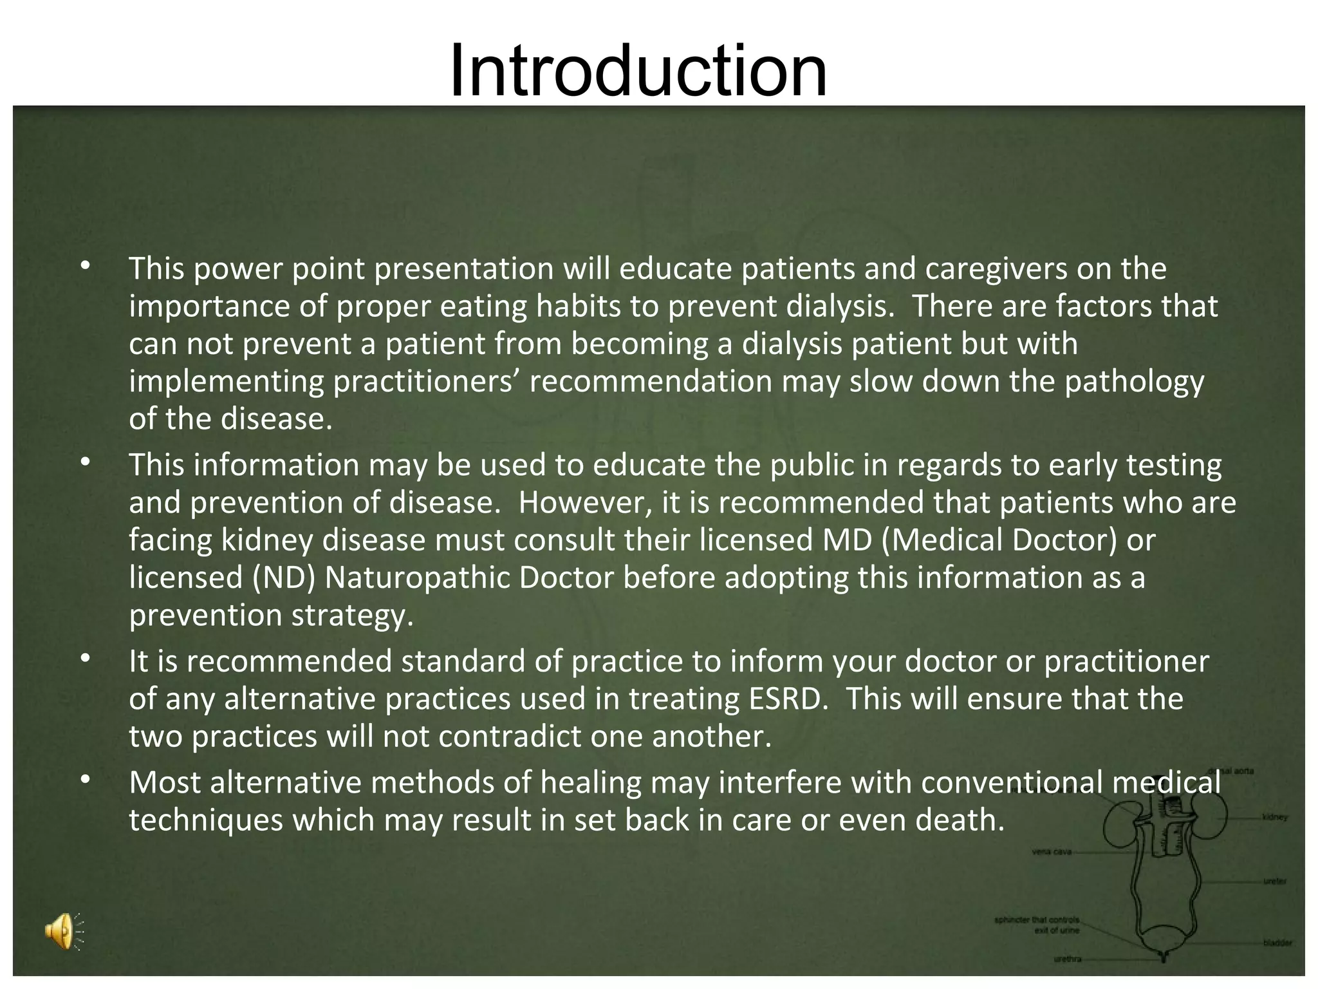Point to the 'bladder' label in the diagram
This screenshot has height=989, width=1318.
point(1277,943)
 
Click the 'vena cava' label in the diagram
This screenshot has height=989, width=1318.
point(1052,852)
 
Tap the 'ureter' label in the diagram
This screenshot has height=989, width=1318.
point(1274,881)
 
